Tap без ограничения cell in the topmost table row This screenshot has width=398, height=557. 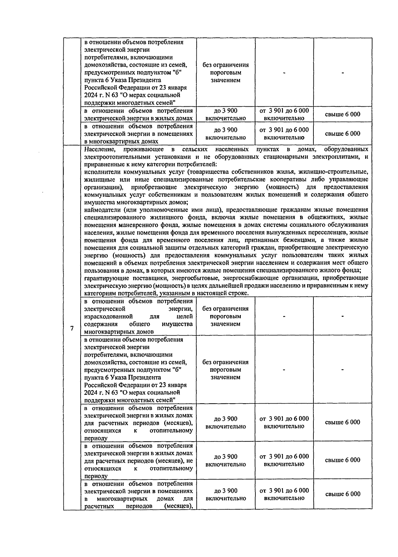point(226,73)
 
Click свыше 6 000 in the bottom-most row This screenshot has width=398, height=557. point(343,494)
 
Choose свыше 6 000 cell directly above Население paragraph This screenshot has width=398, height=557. point(343,134)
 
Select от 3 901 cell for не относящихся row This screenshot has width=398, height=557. point(284,460)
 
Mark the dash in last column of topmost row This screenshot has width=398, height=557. point(343,73)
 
